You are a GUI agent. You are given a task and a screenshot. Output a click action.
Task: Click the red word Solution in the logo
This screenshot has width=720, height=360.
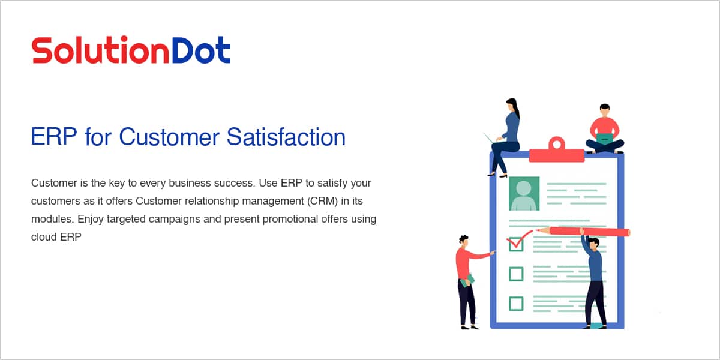tap(100, 50)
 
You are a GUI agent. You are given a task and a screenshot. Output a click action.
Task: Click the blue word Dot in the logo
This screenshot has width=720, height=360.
tap(202, 50)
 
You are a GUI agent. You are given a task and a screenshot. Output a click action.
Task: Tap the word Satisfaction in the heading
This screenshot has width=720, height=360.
tap(286, 137)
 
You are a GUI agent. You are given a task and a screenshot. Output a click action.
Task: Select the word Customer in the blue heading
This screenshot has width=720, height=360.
tap(169, 137)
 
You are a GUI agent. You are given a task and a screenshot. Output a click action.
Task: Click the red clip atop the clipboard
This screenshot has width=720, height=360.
tap(557, 151)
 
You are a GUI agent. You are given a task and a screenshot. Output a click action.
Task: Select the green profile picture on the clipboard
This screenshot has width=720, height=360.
tap(524, 193)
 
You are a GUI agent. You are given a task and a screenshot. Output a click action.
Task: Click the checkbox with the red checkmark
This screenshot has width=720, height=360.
tap(516, 244)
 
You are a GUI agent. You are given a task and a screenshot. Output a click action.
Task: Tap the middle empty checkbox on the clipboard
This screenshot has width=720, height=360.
tap(516, 274)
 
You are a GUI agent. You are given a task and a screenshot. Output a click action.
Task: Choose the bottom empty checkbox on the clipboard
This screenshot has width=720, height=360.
tap(516, 304)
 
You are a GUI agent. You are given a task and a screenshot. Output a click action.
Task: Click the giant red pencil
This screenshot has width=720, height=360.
tap(583, 232)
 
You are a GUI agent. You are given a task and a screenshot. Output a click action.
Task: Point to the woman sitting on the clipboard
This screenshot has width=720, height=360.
tap(505, 137)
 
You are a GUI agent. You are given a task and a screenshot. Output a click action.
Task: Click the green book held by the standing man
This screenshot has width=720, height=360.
tap(467, 281)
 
